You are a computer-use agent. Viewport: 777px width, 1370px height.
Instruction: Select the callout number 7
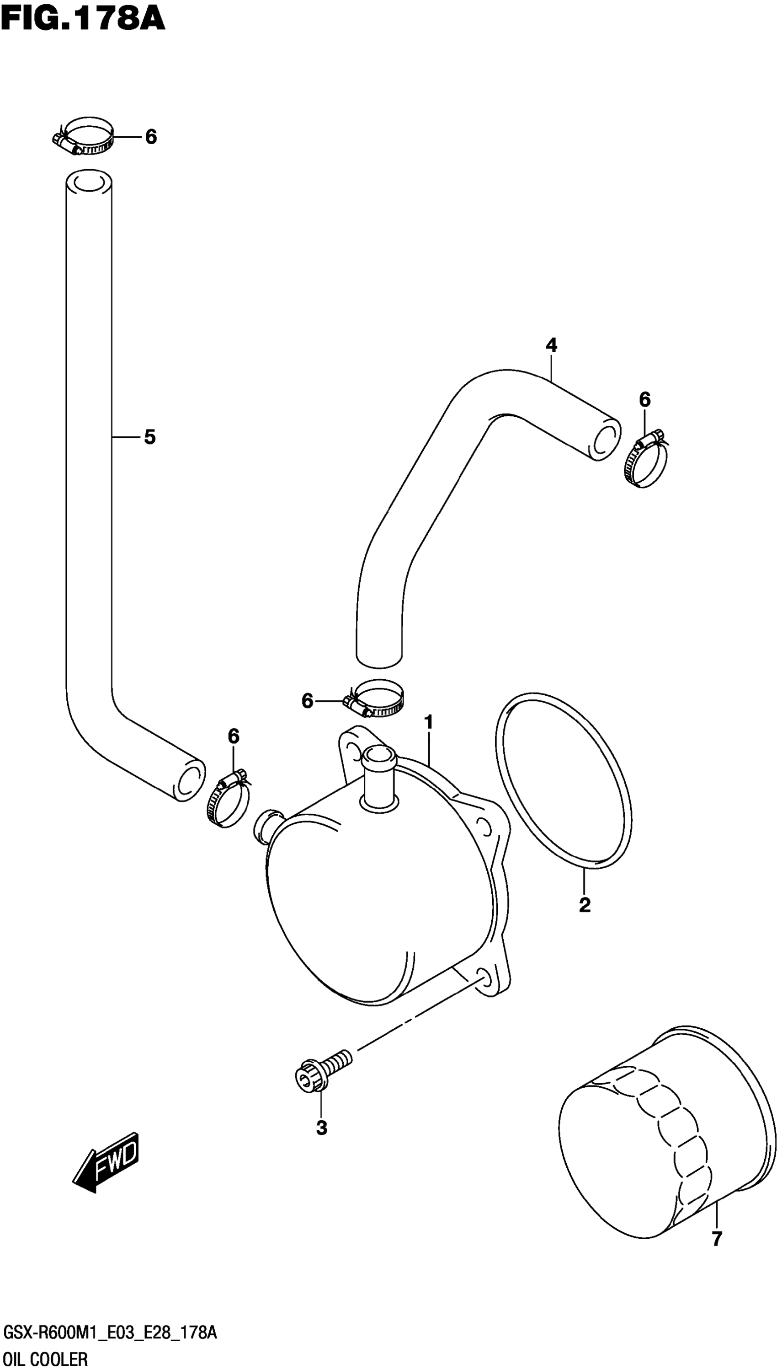coord(717,1239)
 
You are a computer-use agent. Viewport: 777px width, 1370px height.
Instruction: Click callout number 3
coord(321,1128)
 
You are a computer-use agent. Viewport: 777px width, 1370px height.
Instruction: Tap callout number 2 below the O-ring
coord(585,905)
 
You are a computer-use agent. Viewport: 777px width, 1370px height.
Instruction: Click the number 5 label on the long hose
coord(150,437)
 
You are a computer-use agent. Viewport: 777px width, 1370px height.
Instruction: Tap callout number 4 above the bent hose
coord(551,345)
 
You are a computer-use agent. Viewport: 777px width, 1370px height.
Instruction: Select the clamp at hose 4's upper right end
coord(646,460)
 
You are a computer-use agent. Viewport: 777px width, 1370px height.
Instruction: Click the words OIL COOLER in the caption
coord(45,1355)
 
